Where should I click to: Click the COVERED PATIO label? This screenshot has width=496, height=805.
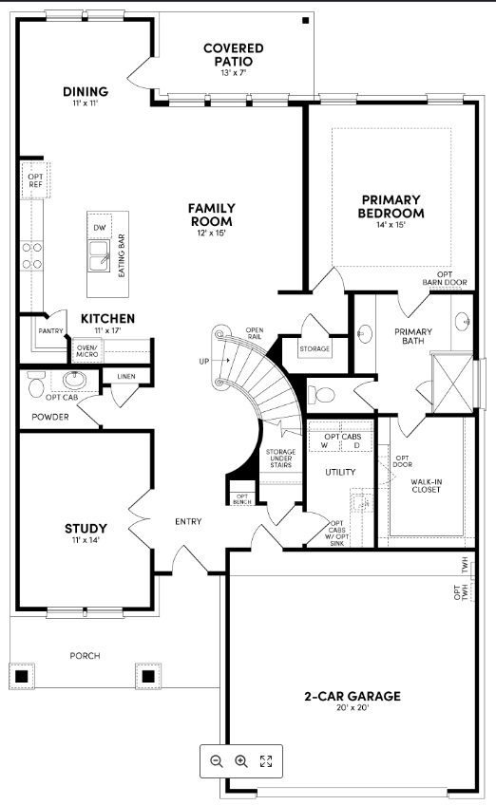click(x=233, y=54)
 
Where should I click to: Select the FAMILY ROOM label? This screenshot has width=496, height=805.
click(x=211, y=215)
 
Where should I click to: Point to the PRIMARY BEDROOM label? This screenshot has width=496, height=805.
click(x=391, y=206)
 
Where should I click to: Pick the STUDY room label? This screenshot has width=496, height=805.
click(x=86, y=528)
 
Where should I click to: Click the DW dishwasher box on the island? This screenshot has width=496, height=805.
click(x=100, y=228)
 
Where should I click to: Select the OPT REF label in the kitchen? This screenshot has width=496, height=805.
click(x=35, y=180)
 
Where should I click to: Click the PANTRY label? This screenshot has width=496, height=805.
click(x=50, y=331)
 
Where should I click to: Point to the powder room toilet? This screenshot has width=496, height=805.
click(x=37, y=384)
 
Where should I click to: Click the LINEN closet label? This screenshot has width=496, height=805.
click(x=126, y=377)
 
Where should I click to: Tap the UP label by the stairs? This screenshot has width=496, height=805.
click(x=204, y=362)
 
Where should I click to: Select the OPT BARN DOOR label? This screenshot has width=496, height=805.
click(x=445, y=277)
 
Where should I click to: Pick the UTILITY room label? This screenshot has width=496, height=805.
click(x=340, y=472)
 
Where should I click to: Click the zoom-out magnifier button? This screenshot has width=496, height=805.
click(x=217, y=760)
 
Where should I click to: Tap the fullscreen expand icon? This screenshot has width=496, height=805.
click(x=266, y=760)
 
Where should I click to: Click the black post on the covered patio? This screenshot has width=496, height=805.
click(x=306, y=20)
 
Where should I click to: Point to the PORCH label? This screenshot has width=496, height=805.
click(x=84, y=655)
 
